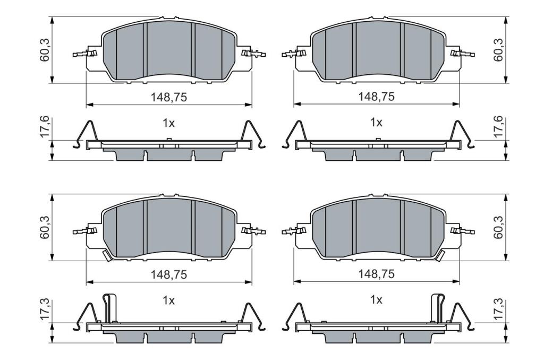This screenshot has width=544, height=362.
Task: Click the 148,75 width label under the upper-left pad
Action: pyautogui.click(x=168, y=97)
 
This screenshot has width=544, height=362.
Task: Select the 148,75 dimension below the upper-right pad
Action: pyautogui.click(x=377, y=97)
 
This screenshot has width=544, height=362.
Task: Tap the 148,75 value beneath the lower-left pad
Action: pyautogui.click(x=168, y=274)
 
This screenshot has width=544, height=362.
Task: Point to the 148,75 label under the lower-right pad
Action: pyautogui.click(x=377, y=274)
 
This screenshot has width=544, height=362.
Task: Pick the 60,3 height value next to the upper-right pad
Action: pyautogui.click(x=498, y=50)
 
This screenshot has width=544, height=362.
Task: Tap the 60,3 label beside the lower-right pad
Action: pyautogui.click(x=498, y=228)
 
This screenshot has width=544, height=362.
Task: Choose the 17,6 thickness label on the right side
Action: pyautogui.click(x=498, y=127)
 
